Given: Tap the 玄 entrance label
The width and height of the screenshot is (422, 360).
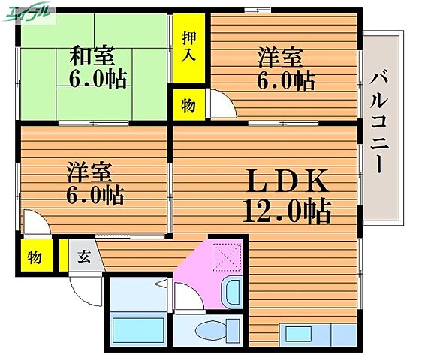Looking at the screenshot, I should click(x=83, y=257).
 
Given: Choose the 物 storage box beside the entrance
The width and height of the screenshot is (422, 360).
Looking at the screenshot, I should click(x=35, y=256).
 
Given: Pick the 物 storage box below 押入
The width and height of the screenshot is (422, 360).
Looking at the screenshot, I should click(x=188, y=105).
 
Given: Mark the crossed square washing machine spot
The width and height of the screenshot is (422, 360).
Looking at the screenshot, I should click(x=225, y=257).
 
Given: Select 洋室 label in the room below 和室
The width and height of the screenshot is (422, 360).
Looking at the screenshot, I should click(x=89, y=172).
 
